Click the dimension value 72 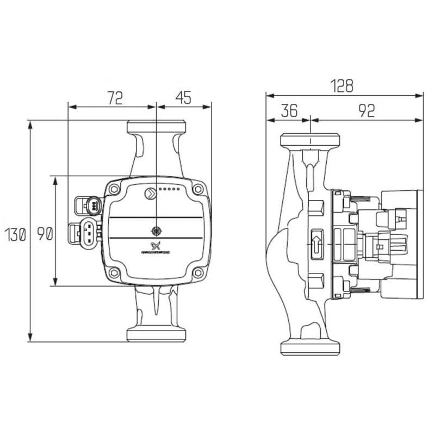[x=115, y=97]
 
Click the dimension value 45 [x=183, y=97]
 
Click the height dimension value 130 [x=16, y=235]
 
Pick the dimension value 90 [x=44, y=235]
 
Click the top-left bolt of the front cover [x=114, y=189]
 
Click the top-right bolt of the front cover [x=198, y=189]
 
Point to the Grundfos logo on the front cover [x=156, y=245]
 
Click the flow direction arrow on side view [x=316, y=244]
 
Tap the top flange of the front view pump [x=156, y=127]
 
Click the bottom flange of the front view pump [x=156, y=334]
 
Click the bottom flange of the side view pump [x=309, y=347]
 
